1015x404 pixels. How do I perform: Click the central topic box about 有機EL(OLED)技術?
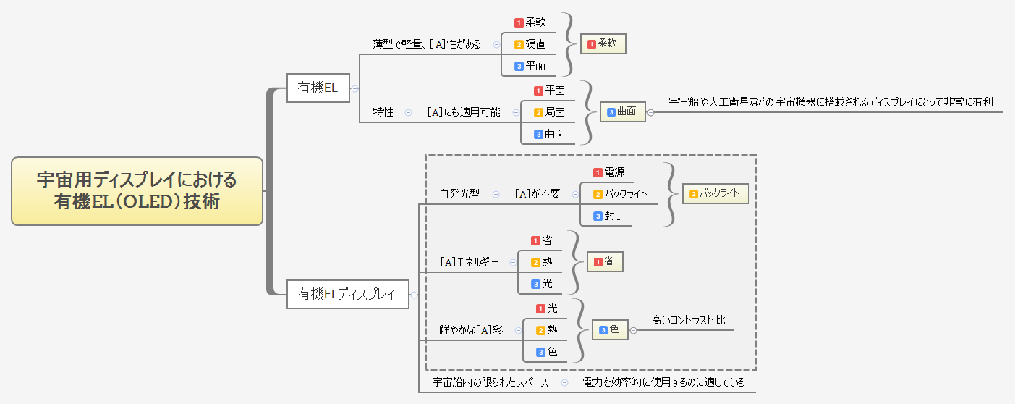[x=137, y=190]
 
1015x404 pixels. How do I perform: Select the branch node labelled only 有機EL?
[x=318, y=88]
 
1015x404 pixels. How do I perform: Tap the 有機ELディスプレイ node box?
[x=347, y=294]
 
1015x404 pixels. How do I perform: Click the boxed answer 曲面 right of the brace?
[x=622, y=111]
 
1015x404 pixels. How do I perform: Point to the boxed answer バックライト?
[x=715, y=193]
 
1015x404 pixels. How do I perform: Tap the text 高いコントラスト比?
[x=687, y=319]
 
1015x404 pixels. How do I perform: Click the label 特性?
[x=383, y=112]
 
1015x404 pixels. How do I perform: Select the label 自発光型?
[x=459, y=194]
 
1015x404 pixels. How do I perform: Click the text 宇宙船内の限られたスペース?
[x=490, y=382]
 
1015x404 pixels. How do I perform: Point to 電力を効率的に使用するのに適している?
[x=663, y=382]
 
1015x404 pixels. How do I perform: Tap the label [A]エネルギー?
[x=469, y=262]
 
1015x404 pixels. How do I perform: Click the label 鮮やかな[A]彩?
[x=471, y=330]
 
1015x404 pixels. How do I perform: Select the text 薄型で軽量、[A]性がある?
[x=427, y=44]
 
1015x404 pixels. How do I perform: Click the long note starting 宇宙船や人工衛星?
[x=831, y=102]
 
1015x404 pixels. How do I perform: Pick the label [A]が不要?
[x=537, y=194]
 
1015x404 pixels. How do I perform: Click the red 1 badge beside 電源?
[x=598, y=172]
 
